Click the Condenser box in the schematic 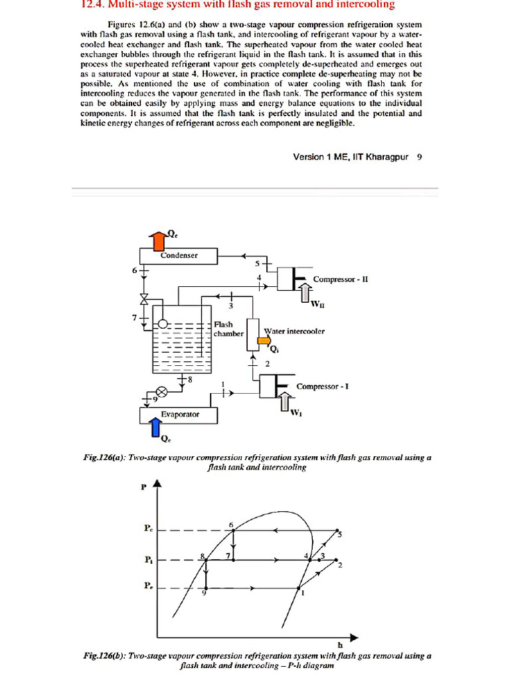click(178, 255)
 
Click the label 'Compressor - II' click(340, 280)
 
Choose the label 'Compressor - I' click(323, 386)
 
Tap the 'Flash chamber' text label click(228, 329)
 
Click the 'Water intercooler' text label click(294, 331)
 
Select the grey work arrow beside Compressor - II click(305, 292)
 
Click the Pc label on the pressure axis click(147, 529)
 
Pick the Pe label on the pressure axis click(147, 587)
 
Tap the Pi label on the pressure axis click(147, 560)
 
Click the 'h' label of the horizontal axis click(340, 644)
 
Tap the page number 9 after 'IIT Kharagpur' click(419, 157)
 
